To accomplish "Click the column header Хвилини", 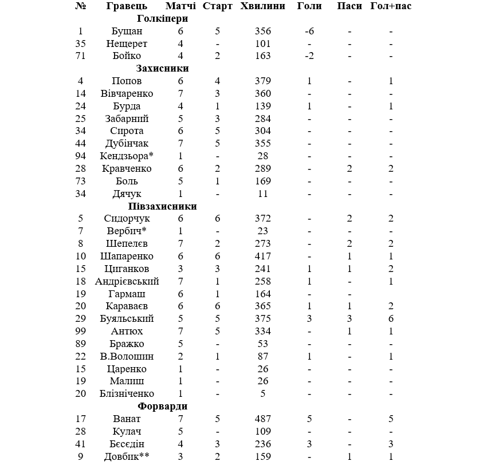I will click(x=263, y=6).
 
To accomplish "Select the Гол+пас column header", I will click(x=391, y=6).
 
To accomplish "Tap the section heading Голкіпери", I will click(x=163, y=19).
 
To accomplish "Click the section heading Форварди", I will click(x=163, y=407).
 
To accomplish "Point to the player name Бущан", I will click(x=127, y=31).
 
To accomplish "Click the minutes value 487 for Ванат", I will click(x=263, y=419).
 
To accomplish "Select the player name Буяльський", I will click(x=127, y=319).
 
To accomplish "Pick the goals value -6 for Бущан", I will click(x=309, y=31).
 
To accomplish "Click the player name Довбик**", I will click(x=127, y=457).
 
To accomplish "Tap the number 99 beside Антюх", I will click(x=81, y=332).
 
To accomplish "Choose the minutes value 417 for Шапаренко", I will click(x=263, y=257).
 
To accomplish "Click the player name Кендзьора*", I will click(x=127, y=156).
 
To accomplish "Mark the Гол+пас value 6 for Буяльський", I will click(x=391, y=319).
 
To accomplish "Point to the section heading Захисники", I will click(x=163, y=69).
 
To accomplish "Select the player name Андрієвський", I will click(x=127, y=281).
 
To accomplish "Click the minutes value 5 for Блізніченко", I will click(x=263, y=394).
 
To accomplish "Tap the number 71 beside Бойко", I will click(x=81, y=56).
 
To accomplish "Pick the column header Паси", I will click(x=350, y=6).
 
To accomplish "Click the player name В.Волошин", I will click(x=127, y=357).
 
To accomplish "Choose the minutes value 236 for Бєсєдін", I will click(x=263, y=444).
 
